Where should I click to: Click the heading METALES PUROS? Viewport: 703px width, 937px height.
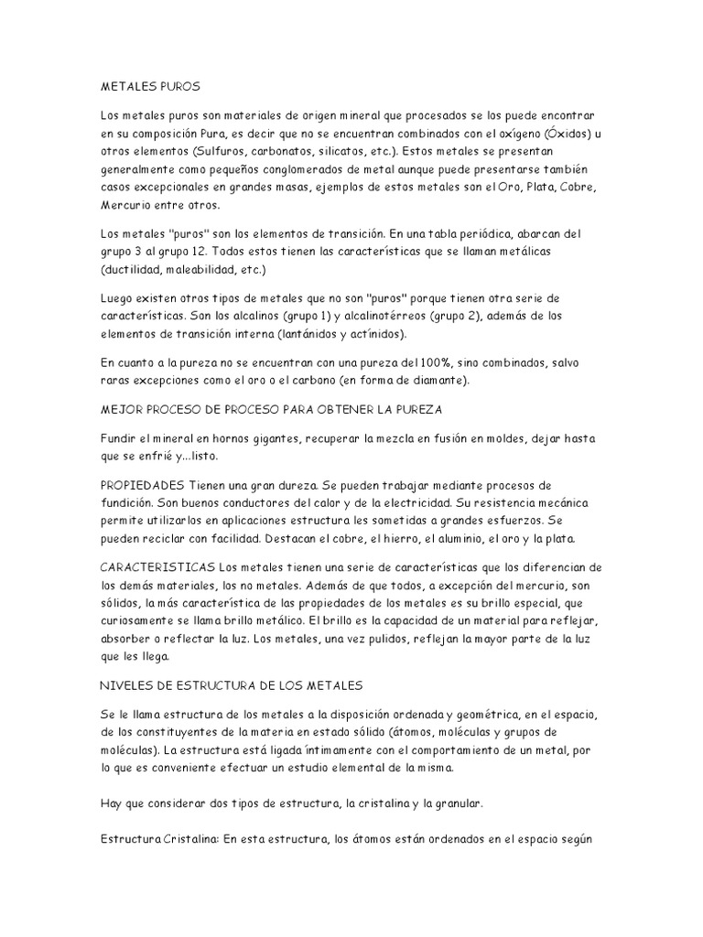click(148, 86)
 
